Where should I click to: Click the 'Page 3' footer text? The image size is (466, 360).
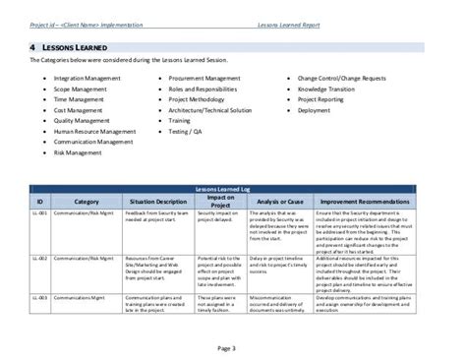232,345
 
